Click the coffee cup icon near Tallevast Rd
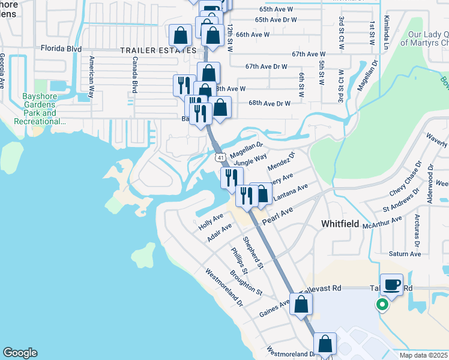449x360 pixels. coord(392,284)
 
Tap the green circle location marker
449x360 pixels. coord(381,304)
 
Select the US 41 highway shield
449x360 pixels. coord(221,157)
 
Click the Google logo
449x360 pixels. coord(20,353)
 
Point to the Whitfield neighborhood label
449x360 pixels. coord(340,224)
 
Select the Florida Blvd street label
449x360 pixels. coord(60,47)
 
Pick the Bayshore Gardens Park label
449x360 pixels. coord(39,109)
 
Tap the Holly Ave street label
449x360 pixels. coord(211,221)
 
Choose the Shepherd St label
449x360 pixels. coord(253,252)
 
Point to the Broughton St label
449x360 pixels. coord(246,283)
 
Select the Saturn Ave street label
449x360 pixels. coord(405,254)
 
